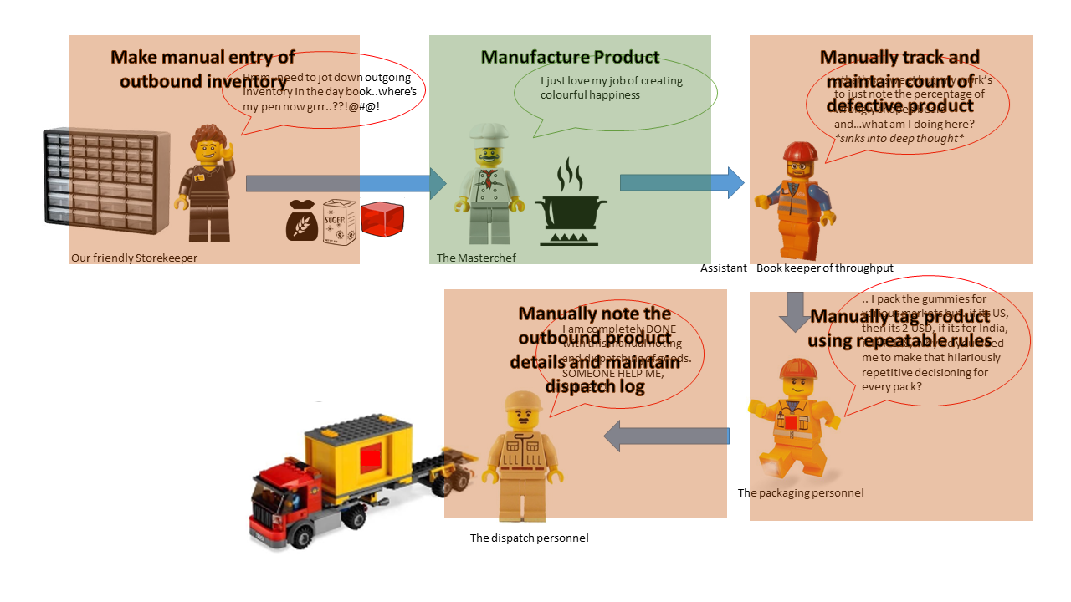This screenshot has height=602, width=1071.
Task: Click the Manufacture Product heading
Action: click(570, 58)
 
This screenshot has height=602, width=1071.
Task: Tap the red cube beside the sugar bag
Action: click(382, 220)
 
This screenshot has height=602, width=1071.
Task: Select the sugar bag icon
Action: click(340, 220)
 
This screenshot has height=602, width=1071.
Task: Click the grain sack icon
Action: click(302, 221)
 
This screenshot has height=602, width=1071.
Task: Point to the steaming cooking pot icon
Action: click(571, 205)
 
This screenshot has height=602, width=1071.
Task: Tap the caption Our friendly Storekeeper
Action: click(134, 258)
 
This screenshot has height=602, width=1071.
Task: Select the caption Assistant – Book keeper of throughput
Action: click(797, 268)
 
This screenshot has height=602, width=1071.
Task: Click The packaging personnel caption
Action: click(800, 492)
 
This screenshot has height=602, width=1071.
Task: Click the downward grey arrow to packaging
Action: click(796, 311)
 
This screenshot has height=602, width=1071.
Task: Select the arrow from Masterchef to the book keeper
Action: click(681, 182)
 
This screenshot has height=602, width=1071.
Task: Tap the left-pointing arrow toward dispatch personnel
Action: click(666, 436)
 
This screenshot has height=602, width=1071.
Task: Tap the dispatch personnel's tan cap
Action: click(524, 403)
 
